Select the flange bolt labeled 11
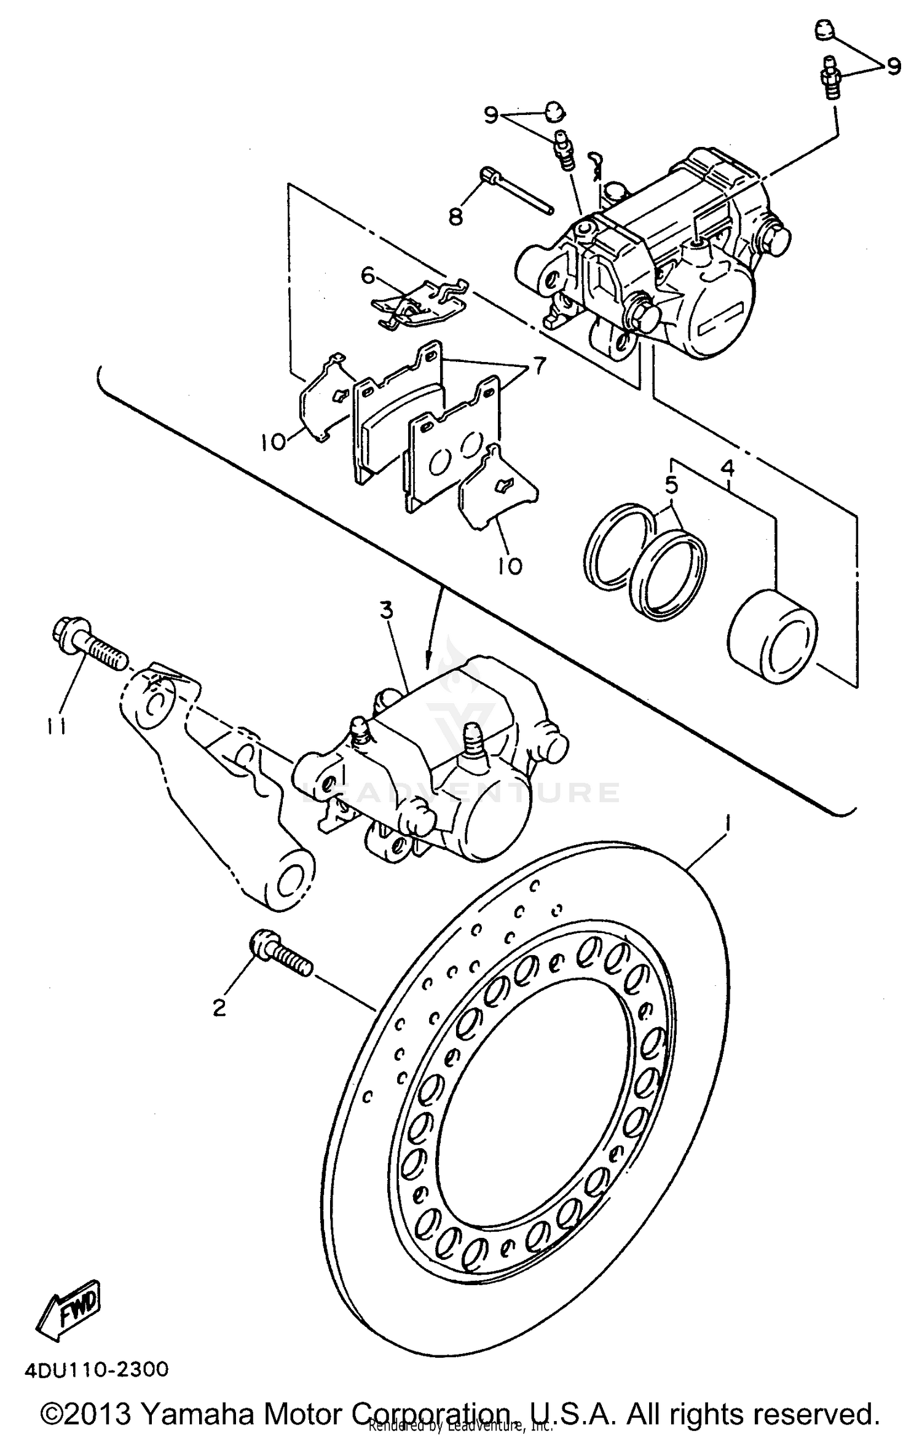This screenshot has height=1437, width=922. (89, 650)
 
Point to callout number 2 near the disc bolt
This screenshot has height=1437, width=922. (219, 1008)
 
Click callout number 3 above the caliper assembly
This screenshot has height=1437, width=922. (385, 611)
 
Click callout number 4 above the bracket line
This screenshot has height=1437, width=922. (728, 469)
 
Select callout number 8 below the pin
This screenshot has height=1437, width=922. (455, 216)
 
